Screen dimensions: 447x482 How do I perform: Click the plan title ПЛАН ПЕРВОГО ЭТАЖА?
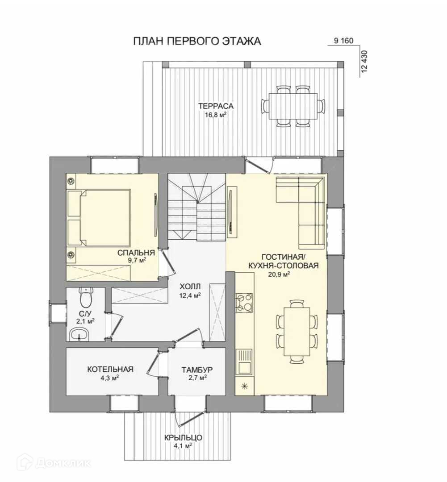[x=197, y=41]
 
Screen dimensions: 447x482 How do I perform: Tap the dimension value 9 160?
[x=344, y=41]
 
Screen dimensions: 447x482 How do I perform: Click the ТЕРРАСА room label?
[x=216, y=106]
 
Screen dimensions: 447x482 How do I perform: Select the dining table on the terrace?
[x=293, y=106]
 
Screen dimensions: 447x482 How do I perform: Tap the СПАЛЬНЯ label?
[x=136, y=253]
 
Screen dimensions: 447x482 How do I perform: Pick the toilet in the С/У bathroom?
[x=86, y=297]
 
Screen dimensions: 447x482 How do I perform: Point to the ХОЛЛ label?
[x=190, y=287]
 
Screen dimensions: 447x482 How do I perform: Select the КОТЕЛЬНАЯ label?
[x=110, y=369]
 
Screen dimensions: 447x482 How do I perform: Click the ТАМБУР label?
[x=197, y=370]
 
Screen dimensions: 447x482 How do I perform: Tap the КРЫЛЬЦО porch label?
[x=183, y=437]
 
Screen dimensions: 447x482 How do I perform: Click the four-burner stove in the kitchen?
[x=244, y=303]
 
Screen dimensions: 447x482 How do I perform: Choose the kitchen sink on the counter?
[x=244, y=362]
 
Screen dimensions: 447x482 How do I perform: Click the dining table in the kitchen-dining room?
[x=297, y=331]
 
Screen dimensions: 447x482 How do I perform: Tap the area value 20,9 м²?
[x=280, y=274]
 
